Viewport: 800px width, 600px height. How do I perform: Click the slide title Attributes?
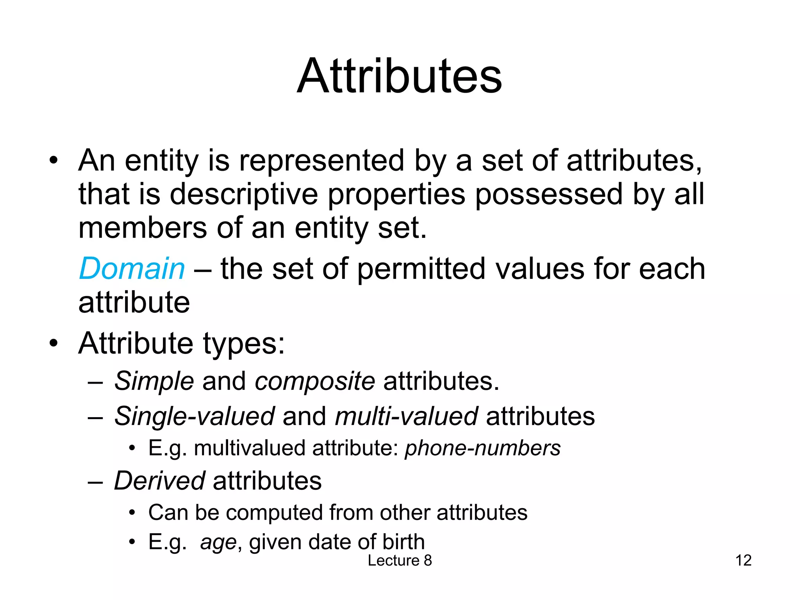pyautogui.click(x=399, y=76)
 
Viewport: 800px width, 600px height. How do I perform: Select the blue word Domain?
pyautogui.click(x=132, y=269)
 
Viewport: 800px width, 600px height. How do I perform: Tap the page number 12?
pyautogui.click(x=743, y=561)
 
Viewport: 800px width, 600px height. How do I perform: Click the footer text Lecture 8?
pyautogui.click(x=400, y=561)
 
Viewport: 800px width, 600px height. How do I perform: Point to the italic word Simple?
pyautogui.click(x=154, y=381)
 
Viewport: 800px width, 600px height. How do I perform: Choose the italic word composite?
pyautogui.click(x=314, y=381)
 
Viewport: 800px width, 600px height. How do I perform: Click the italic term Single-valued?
pyautogui.click(x=194, y=416)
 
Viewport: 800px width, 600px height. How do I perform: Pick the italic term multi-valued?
pyautogui.click(x=406, y=416)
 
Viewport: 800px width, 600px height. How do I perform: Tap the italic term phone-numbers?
pyautogui.click(x=482, y=448)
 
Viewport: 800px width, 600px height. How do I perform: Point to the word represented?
pyautogui.click(x=321, y=161)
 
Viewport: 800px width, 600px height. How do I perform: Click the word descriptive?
pyautogui.click(x=244, y=194)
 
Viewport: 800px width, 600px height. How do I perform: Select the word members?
pyautogui.click(x=143, y=228)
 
